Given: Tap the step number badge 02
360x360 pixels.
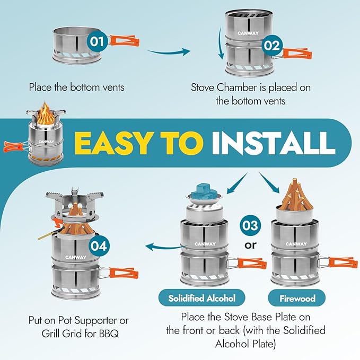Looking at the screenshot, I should click(x=270, y=45).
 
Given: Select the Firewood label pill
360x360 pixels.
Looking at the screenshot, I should click(x=297, y=298).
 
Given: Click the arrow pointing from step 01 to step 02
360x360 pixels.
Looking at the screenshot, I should click(x=169, y=52).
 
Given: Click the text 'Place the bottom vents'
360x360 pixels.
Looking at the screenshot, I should click(x=77, y=87).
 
